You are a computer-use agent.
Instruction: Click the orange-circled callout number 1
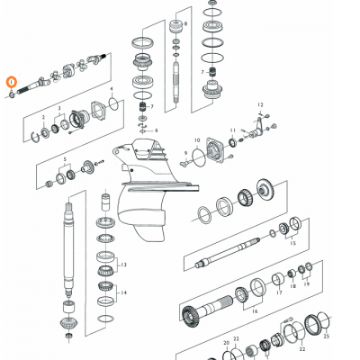click(11, 83)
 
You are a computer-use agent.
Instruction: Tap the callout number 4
click(111, 90)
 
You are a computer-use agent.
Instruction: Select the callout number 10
click(196, 140)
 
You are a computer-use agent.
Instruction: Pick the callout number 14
click(123, 294)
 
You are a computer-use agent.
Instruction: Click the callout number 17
click(278, 292)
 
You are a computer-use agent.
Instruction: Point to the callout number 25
click(326, 334)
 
